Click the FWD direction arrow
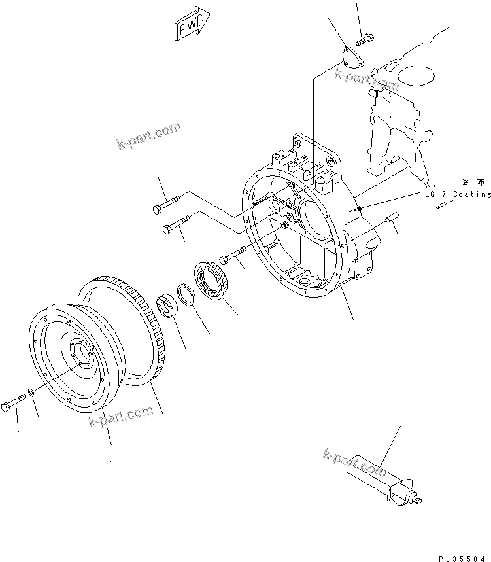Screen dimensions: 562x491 pyautogui.click(x=191, y=26)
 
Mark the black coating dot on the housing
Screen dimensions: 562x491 pyautogui.click(x=359, y=209)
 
